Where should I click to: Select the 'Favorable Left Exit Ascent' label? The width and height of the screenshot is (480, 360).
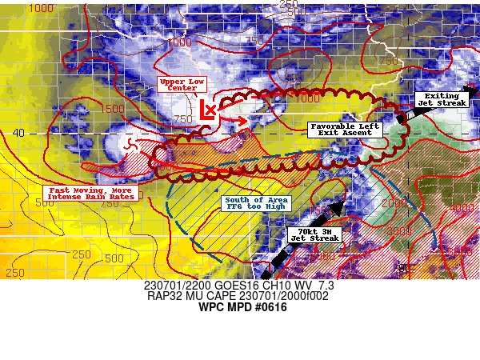pyautogui.click(x=346, y=130)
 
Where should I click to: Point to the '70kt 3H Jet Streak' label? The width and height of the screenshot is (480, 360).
pyautogui.click(x=314, y=234)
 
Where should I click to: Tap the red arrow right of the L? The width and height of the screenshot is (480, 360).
pyautogui.click(x=235, y=121)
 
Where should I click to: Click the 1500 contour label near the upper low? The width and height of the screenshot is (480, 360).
pyautogui.click(x=113, y=108)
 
